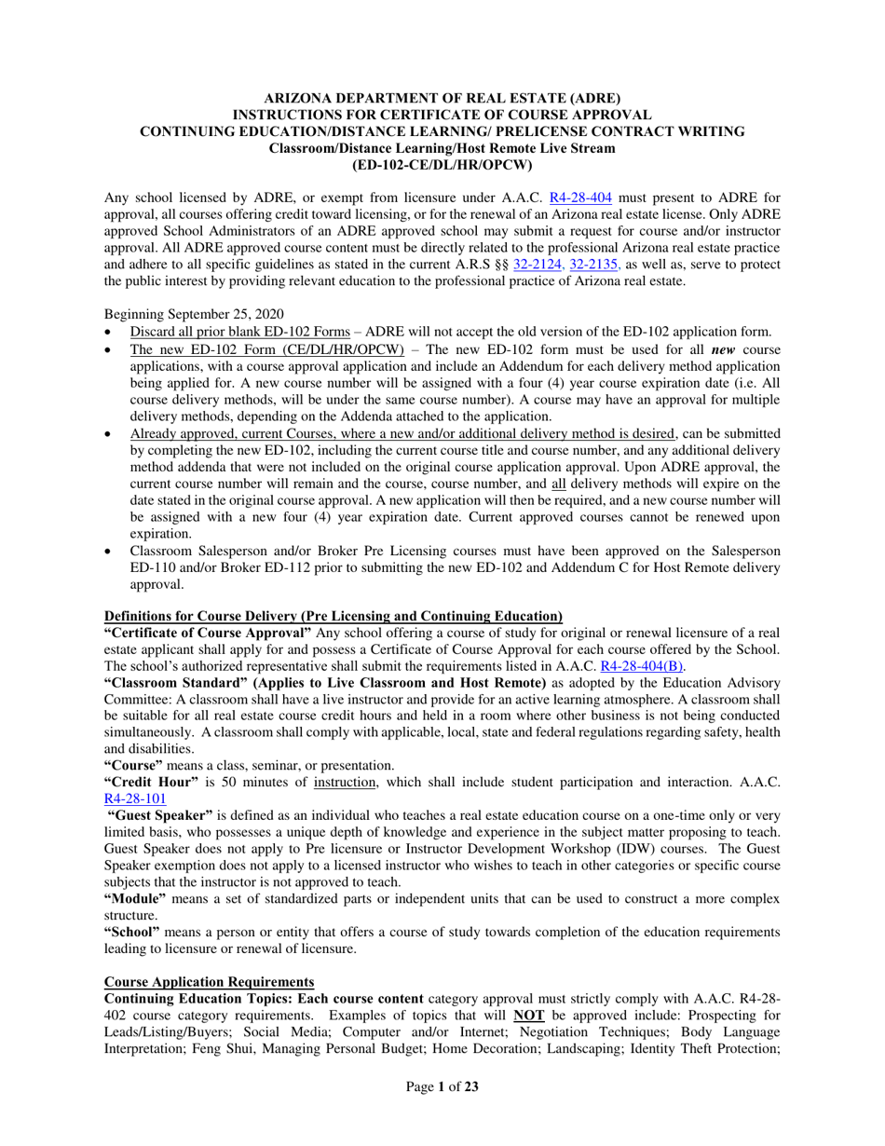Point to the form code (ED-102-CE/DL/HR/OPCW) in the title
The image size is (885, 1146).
442,165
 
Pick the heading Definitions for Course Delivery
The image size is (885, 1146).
333,616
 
